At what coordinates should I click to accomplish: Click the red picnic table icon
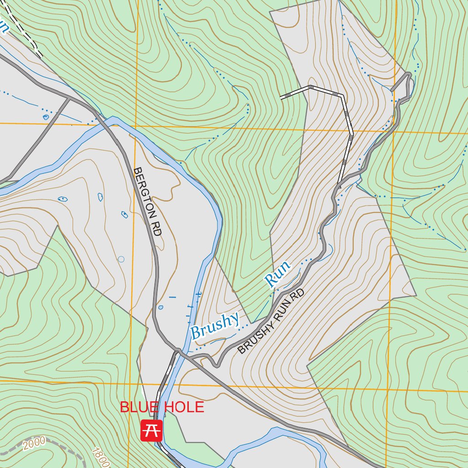tap(151, 431)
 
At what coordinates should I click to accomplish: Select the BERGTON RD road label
tap(147, 201)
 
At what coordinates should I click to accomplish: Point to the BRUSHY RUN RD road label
tap(271, 321)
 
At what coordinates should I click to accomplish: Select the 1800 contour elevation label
tap(100, 457)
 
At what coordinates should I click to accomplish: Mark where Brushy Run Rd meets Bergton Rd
tap(179, 352)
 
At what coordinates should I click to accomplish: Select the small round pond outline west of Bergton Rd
tap(121, 259)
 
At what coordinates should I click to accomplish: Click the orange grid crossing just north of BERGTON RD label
tap(135, 126)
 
